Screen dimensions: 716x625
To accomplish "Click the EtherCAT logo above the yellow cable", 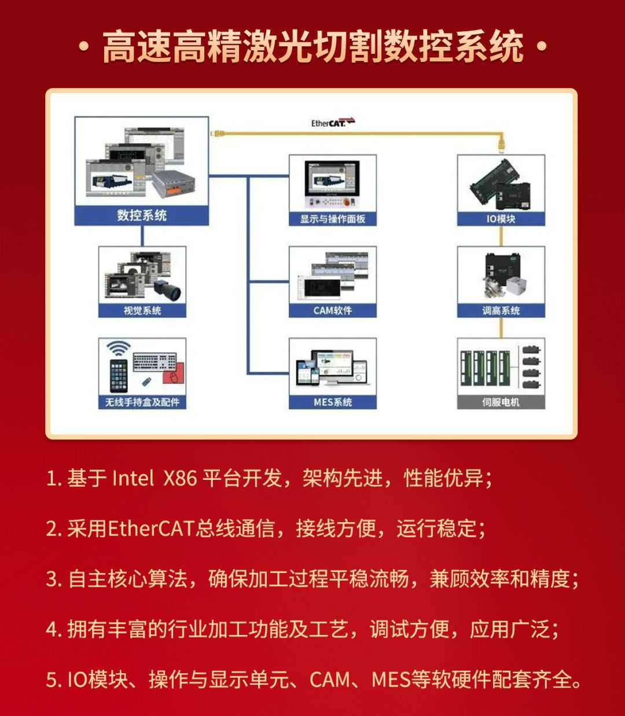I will pyautogui.click(x=332, y=123).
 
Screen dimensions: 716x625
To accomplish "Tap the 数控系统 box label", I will pyautogui.click(x=142, y=215).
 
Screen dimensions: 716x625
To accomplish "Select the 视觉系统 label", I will pyautogui.click(x=142, y=311).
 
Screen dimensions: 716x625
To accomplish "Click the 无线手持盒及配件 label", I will pyautogui.click(x=142, y=402).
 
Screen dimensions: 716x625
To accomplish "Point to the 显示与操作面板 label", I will pyautogui.click(x=333, y=219).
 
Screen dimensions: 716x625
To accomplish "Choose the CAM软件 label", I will pyautogui.click(x=333, y=311).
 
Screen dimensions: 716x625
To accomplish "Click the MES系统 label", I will pyautogui.click(x=333, y=402).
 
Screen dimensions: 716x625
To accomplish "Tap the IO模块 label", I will pyautogui.click(x=501, y=219).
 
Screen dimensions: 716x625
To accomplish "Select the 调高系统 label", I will pyautogui.click(x=501, y=311).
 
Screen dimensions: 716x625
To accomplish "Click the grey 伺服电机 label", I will pyautogui.click(x=501, y=402).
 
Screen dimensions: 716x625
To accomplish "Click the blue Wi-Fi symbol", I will pyautogui.click(x=119, y=348).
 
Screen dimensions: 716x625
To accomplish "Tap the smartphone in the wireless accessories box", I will pyautogui.click(x=119, y=376).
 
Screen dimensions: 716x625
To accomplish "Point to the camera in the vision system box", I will pyautogui.click(x=169, y=289).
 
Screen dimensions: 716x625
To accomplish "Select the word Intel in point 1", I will pyautogui.click(x=133, y=479).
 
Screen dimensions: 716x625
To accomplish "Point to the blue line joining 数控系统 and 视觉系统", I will pyautogui.click(x=142, y=236).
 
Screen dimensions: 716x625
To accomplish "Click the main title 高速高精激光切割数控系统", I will pyautogui.click(x=312, y=47).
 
